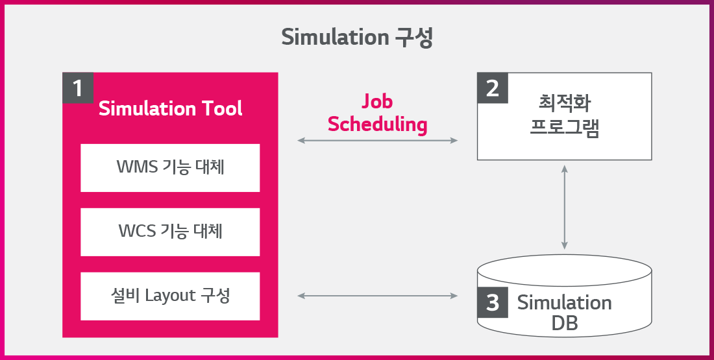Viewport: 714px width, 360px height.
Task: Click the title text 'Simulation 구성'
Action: (357, 38)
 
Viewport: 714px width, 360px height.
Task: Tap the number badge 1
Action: (78, 88)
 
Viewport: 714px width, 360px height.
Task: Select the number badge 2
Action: (493, 88)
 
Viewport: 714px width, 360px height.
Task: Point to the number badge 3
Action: (493, 302)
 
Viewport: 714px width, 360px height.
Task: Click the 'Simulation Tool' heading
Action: (170, 109)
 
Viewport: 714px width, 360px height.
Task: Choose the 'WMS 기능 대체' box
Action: (170, 168)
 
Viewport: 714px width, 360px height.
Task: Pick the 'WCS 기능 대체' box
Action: (170, 232)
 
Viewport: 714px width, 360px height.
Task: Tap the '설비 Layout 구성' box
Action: (170, 296)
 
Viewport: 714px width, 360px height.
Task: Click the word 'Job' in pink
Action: (377, 101)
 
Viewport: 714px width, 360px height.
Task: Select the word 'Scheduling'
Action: (378, 125)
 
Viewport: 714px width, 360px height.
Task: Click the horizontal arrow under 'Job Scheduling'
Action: (378, 141)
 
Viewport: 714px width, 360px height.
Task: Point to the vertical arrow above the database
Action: (565, 207)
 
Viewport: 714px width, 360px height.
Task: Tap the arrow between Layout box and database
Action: (378, 296)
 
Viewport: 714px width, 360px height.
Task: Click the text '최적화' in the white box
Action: (565, 103)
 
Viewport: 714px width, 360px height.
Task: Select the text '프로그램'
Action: (565, 126)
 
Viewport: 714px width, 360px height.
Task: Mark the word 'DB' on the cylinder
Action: (565, 323)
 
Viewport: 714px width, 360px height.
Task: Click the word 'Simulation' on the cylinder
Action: (565, 303)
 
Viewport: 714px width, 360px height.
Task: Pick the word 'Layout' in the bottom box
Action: (170, 296)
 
